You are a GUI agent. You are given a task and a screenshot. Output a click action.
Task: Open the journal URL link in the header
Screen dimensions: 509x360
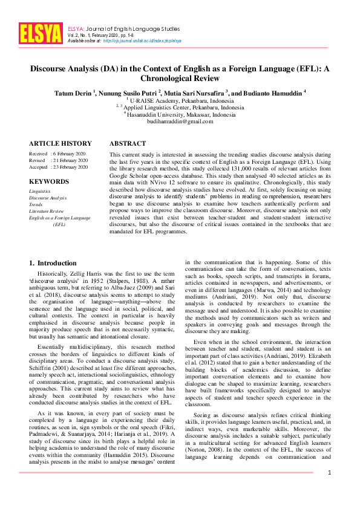pyautogui.click(x=142, y=41)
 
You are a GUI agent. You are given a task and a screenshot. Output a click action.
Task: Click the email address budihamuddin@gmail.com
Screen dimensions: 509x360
pyautogui.click(x=180, y=122)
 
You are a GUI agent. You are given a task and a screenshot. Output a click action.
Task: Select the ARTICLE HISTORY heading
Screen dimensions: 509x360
pyautogui.click(x=61, y=144)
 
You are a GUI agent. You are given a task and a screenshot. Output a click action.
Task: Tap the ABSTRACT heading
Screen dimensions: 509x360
pyautogui.click(x=127, y=144)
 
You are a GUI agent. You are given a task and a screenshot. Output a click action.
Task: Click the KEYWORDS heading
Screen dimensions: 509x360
pyautogui.click(x=48, y=181)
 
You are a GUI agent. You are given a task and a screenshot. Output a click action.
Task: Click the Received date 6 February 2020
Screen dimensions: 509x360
pyautogui.click(x=68, y=154)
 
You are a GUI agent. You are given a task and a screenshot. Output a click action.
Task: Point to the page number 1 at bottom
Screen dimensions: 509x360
pyautogui.click(x=329, y=488)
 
